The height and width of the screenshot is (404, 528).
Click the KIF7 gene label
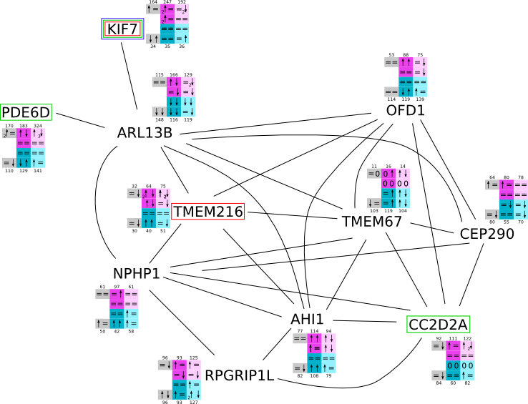(122, 29)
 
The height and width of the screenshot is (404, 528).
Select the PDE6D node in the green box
(26, 113)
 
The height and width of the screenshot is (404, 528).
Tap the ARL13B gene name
(145, 133)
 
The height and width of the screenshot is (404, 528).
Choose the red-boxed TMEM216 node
(208, 212)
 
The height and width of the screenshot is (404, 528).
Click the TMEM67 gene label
(372, 221)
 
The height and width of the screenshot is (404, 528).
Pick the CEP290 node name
(487, 234)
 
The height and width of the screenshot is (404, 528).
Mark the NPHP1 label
(136, 273)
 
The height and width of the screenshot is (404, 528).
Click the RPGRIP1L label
(240, 375)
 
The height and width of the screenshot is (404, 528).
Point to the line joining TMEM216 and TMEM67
(293, 215)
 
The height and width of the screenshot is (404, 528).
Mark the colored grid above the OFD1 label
(405, 77)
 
